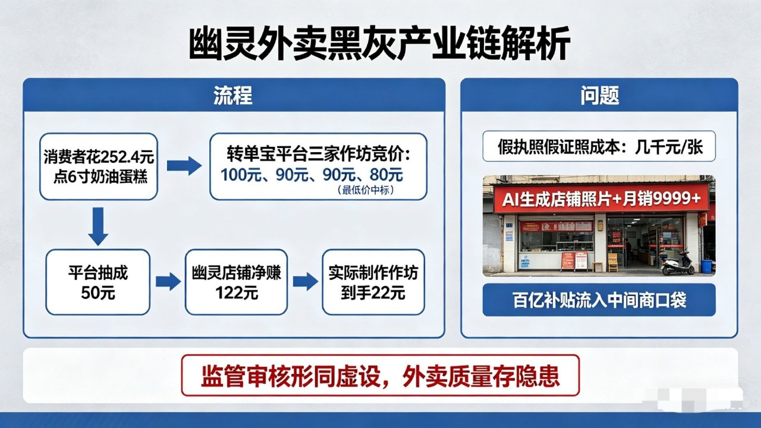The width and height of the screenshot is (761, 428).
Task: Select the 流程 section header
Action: [x=233, y=95]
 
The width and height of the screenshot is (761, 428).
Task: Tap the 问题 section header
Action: [x=599, y=95]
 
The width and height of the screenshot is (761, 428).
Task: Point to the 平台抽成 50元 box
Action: [x=98, y=282]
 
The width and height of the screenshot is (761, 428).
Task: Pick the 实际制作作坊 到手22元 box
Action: [x=373, y=282]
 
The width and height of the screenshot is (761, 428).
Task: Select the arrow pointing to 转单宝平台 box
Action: [x=184, y=166]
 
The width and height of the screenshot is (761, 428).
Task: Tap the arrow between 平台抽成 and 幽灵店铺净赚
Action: [x=168, y=282]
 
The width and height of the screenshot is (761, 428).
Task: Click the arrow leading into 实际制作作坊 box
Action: [x=305, y=282]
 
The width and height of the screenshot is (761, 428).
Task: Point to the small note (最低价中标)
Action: [x=366, y=190]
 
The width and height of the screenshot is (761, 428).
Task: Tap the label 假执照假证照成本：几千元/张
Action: [x=599, y=146]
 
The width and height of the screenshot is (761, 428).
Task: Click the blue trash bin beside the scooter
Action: [x=706, y=265]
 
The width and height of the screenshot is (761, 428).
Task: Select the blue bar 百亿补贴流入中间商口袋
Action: [x=599, y=300]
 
